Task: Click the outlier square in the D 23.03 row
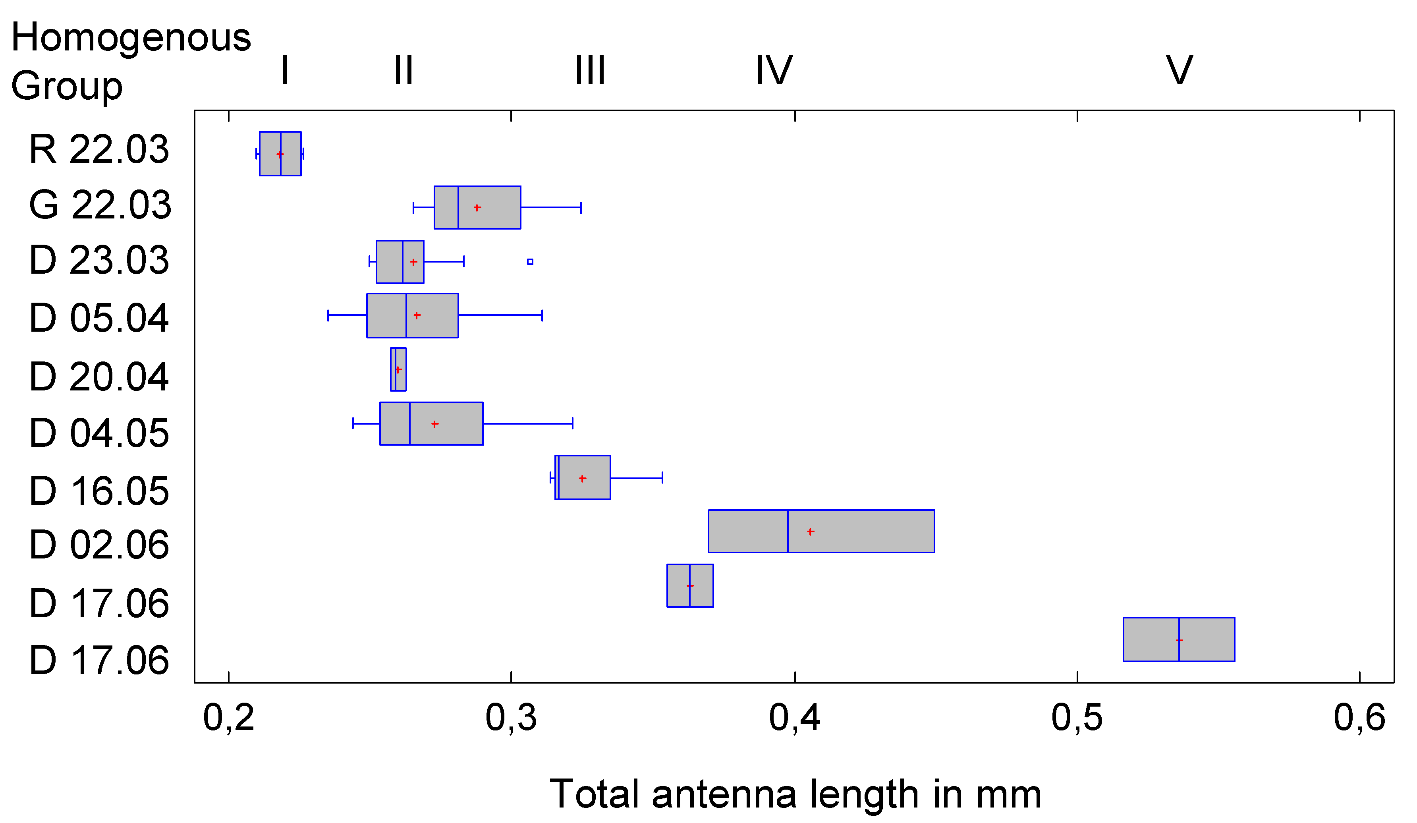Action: (x=530, y=262)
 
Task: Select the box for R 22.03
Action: (x=280, y=154)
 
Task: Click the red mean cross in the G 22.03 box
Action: (x=477, y=208)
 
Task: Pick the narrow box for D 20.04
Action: (x=398, y=369)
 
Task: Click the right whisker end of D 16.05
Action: (x=662, y=477)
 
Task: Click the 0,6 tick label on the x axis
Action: (x=1359, y=718)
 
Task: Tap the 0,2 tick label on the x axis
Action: (x=228, y=718)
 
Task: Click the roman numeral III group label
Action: (x=590, y=71)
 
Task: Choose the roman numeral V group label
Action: (x=1179, y=71)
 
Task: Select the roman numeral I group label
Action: (x=284, y=71)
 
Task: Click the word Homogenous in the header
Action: (x=130, y=38)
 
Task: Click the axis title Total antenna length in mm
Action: (x=795, y=794)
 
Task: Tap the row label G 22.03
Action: (x=100, y=205)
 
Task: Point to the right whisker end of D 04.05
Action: (x=572, y=423)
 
